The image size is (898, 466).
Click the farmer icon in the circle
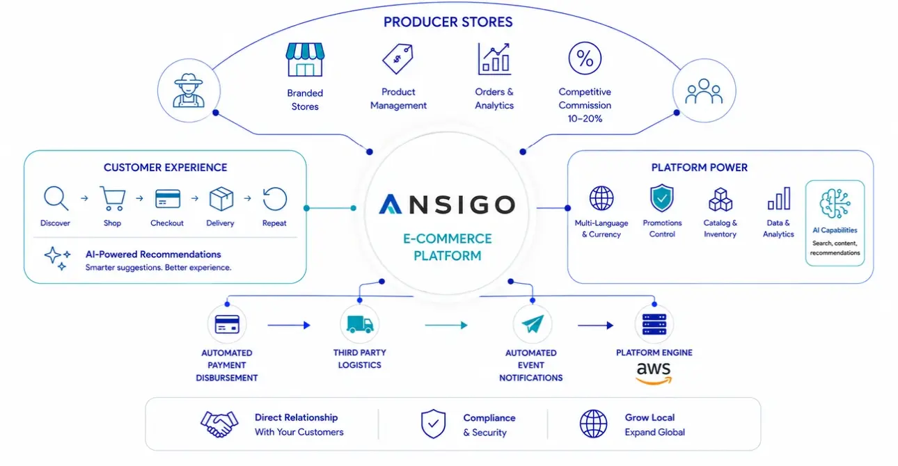point(189,90)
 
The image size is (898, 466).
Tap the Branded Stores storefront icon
point(305,60)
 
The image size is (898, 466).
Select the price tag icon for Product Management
point(397,59)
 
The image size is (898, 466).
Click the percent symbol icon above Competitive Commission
point(585,58)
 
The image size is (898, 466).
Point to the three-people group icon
point(704,91)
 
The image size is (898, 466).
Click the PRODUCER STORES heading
point(448,22)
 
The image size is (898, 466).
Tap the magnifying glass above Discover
point(56,198)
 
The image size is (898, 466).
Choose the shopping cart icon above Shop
point(113,198)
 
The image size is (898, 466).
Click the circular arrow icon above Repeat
point(275,199)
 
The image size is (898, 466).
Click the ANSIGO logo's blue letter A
point(390,204)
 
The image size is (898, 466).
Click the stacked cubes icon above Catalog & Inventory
point(720,199)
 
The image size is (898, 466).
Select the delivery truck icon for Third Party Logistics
point(360,324)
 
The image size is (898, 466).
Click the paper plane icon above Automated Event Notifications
point(533,323)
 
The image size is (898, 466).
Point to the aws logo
point(654,373)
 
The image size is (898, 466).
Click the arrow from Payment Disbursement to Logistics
point(289,325)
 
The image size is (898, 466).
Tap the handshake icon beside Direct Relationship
point(219,424)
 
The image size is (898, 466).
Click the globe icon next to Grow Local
point(593,424)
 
